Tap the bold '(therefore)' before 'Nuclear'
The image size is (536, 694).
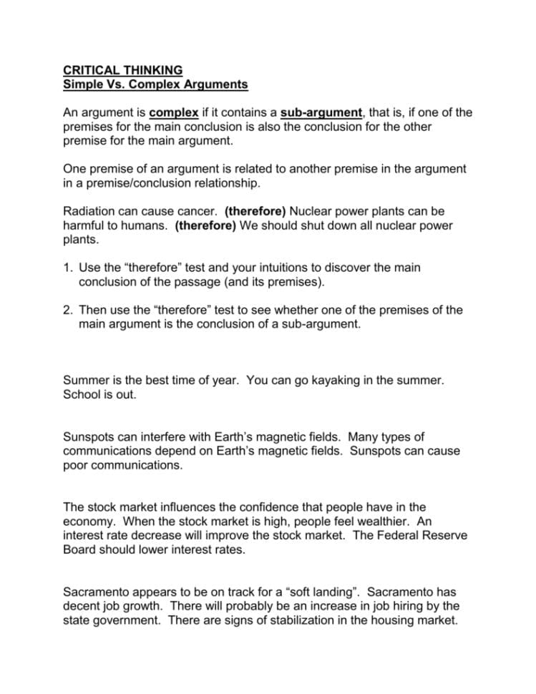pyautogui.click(x=255, y=211)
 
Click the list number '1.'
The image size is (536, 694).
pyautogui.click(x=68, y=267)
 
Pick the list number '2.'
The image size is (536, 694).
pyautogui.click(x=68, y=310)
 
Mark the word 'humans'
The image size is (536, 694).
pyautogui.click(x=138, y=225)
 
